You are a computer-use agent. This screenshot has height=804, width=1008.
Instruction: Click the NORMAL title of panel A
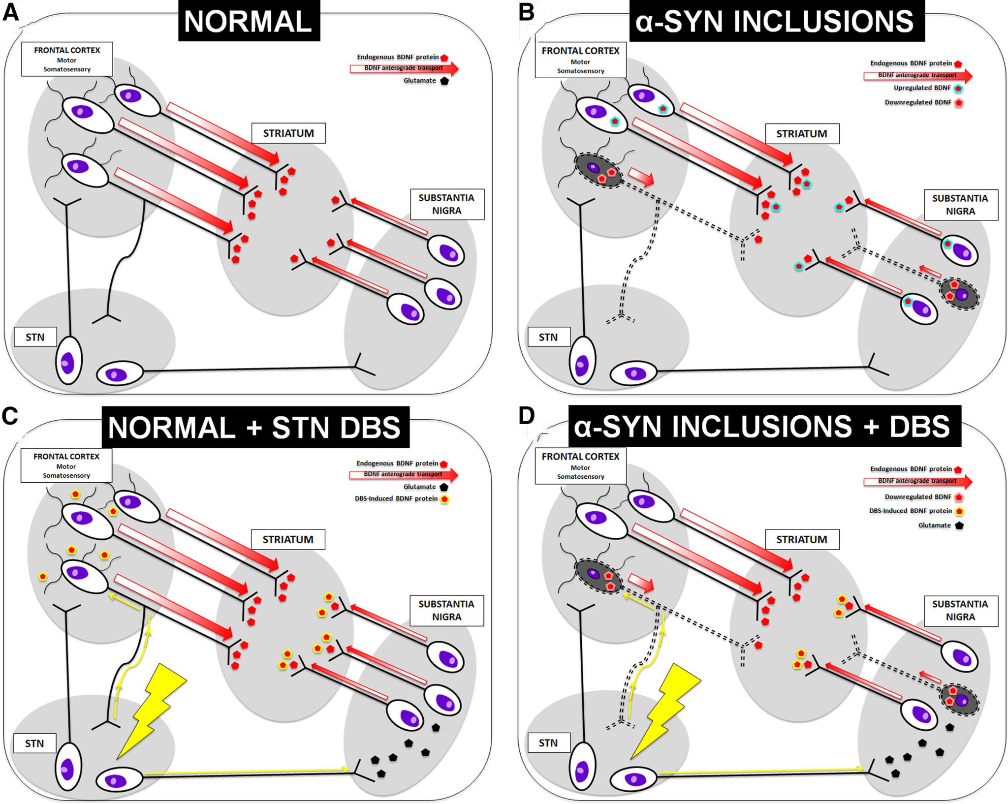249,22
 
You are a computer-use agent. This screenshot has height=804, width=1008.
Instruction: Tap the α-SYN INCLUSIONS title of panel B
776,21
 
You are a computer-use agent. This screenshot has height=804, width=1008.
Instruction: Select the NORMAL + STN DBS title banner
255,427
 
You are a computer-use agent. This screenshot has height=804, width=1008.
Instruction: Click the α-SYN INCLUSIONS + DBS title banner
764,426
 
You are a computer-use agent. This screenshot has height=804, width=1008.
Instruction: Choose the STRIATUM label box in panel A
288,133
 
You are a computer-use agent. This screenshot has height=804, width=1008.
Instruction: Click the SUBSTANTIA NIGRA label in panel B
960,205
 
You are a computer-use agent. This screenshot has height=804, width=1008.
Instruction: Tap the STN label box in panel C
34,743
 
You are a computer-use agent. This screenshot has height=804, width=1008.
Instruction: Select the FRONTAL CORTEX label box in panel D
580,465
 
